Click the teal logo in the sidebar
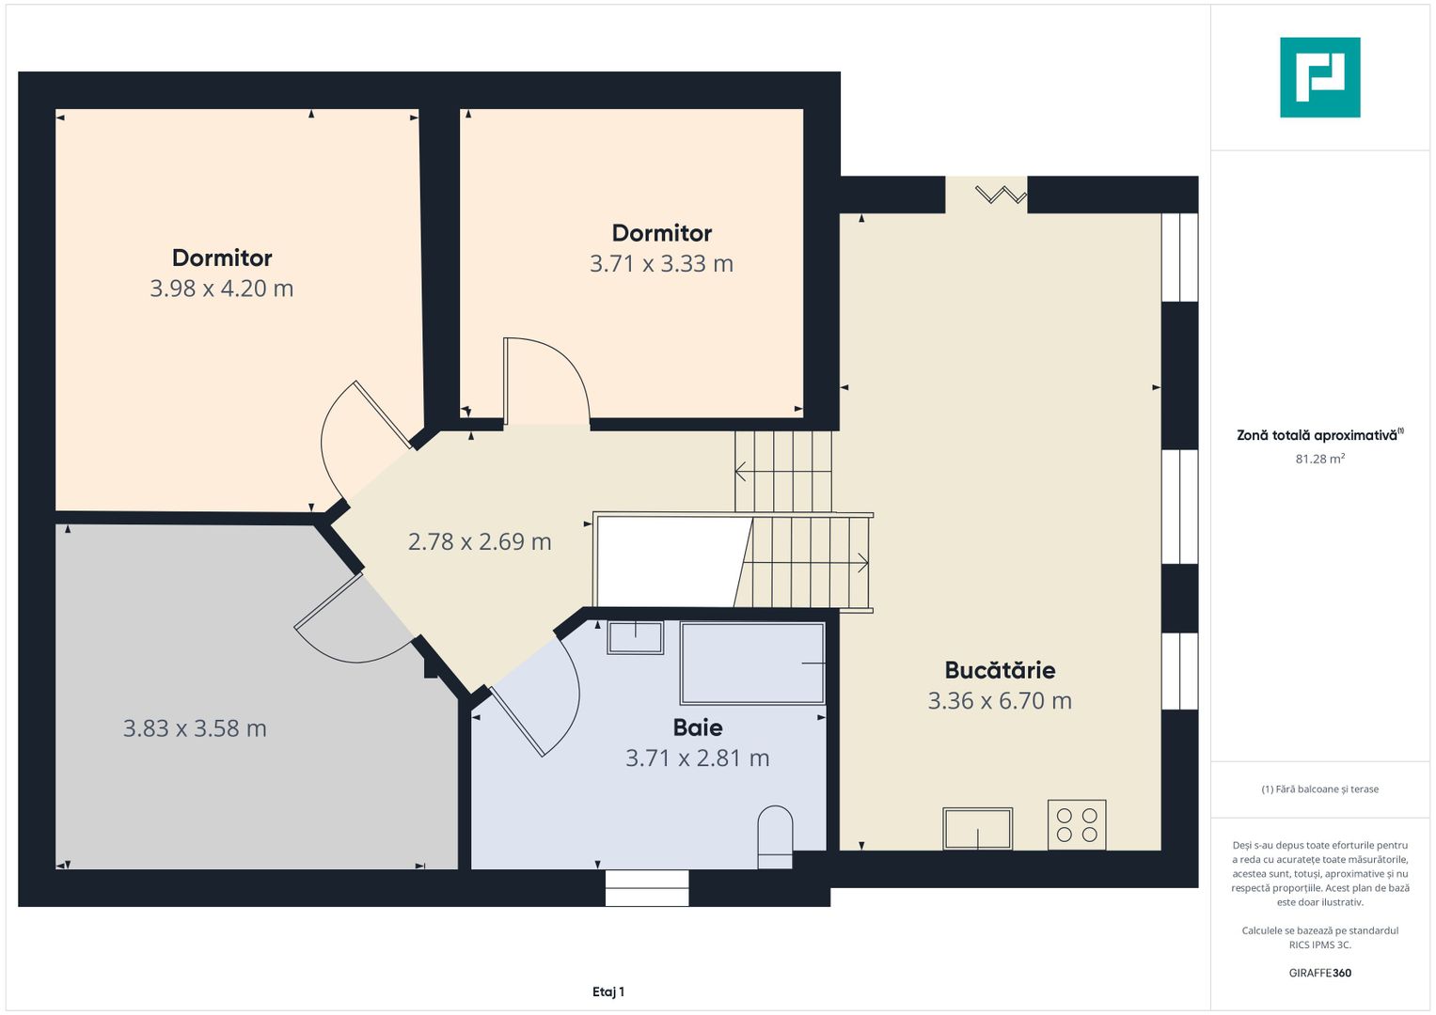1320,77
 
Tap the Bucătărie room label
1000,670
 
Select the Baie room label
698,727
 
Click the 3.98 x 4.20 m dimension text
222,289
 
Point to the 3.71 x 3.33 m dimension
662,263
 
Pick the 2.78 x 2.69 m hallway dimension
480,541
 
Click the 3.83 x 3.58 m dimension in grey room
195,728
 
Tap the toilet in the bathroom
775,836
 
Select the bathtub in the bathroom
752,664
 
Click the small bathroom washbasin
636,637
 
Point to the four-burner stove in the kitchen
1077,825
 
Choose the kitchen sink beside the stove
978,829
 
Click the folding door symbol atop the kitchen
1001,195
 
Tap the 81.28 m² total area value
1320,459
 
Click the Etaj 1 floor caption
608,992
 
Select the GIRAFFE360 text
1320,973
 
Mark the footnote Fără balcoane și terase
1320,789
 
